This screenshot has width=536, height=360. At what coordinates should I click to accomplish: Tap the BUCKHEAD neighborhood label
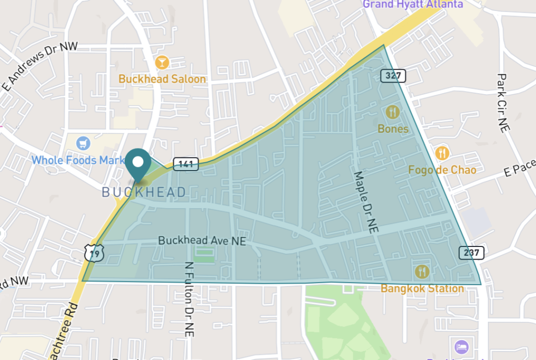point(144,193)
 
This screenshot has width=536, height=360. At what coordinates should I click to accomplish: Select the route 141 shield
point(186,164)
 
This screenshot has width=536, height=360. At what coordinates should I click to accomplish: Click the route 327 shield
point(393,76)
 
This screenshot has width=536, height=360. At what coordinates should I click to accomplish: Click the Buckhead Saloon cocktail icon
point(162,63)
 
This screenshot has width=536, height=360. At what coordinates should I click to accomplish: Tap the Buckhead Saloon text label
point(162,79)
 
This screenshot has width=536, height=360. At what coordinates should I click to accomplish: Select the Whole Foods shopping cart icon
point(83,143)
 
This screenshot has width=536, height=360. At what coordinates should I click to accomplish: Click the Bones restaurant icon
point(393,112)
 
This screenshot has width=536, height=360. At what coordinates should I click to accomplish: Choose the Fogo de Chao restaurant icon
point(442,153)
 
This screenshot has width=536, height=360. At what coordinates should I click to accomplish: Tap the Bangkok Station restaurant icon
point(422,272)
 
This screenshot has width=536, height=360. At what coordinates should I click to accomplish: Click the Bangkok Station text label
point(422,288)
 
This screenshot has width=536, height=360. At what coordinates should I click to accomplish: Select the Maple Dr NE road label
point(366,201)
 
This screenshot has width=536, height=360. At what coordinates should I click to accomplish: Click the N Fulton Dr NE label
point(189,298)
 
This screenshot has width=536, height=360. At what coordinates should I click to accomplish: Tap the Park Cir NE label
point(503,103)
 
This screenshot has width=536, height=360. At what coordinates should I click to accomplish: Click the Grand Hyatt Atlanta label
point(413,4)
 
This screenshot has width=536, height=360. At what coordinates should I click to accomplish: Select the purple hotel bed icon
point(461,346)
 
